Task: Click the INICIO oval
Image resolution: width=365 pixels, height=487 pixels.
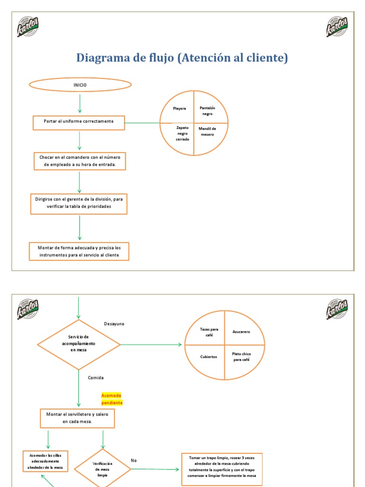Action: pos(80,85)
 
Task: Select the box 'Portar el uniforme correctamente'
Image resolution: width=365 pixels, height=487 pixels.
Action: pos(79,122)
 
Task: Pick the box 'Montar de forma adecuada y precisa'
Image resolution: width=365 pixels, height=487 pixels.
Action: pos(79,252)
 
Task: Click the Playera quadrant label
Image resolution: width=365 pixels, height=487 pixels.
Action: pos(179,108)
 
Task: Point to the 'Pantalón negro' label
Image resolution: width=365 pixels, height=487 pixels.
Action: pos(207,111)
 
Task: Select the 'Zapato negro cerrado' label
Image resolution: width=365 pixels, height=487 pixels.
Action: pos(182,133)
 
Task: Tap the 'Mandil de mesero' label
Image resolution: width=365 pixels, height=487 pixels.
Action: pos(207,131)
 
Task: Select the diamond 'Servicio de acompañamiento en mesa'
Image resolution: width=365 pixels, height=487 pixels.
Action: pos(79,343)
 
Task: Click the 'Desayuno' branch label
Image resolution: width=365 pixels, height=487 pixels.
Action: pos(114,324)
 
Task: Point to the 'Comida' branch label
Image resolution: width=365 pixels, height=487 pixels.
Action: pos(96,378)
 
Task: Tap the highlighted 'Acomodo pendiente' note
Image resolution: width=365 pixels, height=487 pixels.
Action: pos(112,399)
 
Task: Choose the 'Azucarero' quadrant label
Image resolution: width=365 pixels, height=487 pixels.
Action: pos(241,331)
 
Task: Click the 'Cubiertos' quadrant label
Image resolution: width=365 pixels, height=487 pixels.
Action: pos(209,357)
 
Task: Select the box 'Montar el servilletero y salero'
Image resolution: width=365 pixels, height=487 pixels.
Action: pos(77,418)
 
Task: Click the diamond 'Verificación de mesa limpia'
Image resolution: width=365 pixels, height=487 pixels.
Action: pos(102,468)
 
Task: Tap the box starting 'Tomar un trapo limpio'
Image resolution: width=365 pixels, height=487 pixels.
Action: pos(222,466)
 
